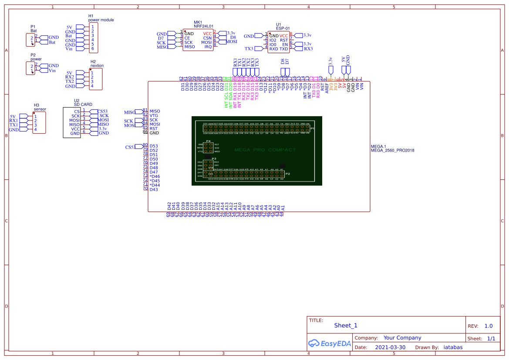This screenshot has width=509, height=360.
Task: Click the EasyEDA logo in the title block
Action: [329, 343]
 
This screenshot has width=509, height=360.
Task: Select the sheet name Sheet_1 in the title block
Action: [346, 325]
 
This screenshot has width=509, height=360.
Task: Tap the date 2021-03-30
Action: [390, 347]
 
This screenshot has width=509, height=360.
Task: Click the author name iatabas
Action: [453, 347]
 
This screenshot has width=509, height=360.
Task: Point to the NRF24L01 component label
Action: [204, 26]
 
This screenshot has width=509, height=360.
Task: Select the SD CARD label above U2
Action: [83, 104]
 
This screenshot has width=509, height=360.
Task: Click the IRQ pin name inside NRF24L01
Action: [208, 47]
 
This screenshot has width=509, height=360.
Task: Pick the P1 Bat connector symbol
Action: [31, 40]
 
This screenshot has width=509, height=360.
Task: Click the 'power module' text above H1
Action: [101, 20]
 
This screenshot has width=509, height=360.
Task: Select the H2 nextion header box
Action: [95, 79]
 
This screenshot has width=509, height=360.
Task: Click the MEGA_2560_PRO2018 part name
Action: [392, 150]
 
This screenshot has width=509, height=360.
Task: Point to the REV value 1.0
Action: [488, 326]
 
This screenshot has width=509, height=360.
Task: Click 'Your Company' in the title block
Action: [402, 338]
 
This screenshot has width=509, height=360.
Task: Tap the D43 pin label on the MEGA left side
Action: [154, 189]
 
